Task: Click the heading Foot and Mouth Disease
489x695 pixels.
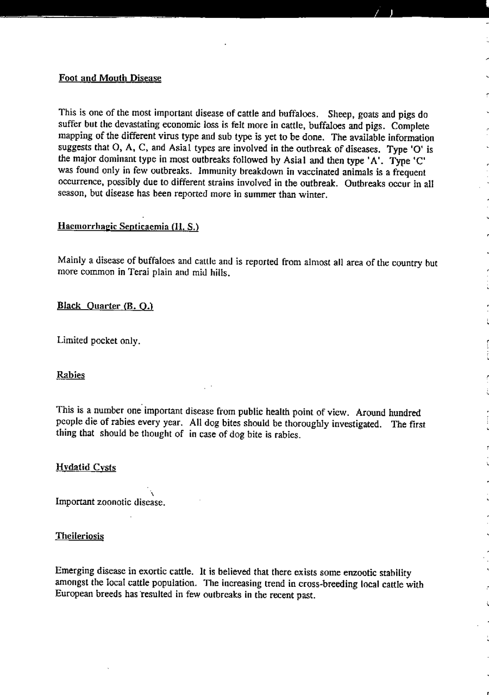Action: pyautogui.click(x=110, y=78)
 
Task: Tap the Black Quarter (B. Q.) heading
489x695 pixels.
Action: pyautogui.click(x=105, y=306)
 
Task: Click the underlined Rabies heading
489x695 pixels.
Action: pyautogui.click(x=71, y=375)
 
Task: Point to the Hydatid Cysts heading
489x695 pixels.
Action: pyautogui.click(x=86, y=467)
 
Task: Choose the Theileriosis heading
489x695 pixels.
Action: pyautogui.click(x=79, y=536)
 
